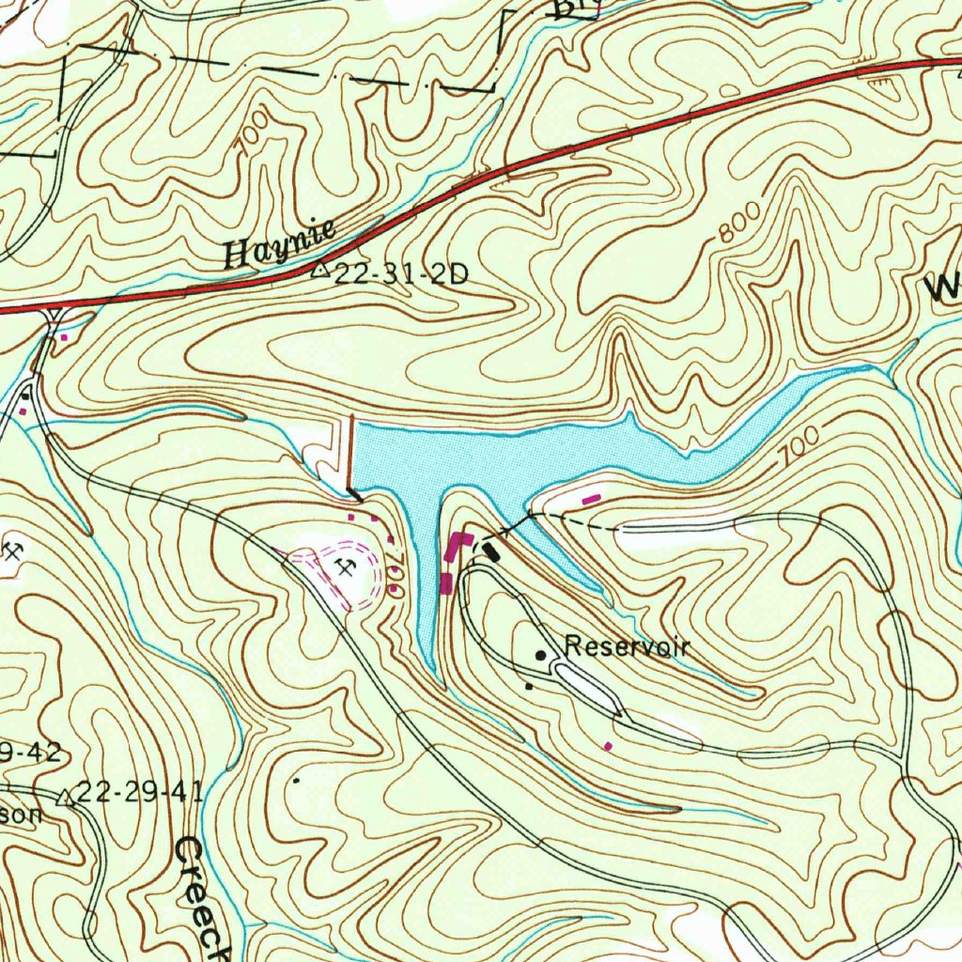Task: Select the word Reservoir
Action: pyautogui.click(x=627, y=646)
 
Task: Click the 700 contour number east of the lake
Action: pyautogui.click(x=800, y=444)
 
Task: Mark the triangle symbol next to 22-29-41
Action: pyautogui.click(x=65, y=799)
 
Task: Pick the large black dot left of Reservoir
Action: pyautogui.click(x=541, y=654)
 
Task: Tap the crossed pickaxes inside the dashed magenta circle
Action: pyautogui.click(x=344, y=566)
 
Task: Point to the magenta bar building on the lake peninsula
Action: pyautogui.click(x=593, y=500)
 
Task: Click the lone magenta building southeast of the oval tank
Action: pyautogui.click(x=609, y=746)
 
